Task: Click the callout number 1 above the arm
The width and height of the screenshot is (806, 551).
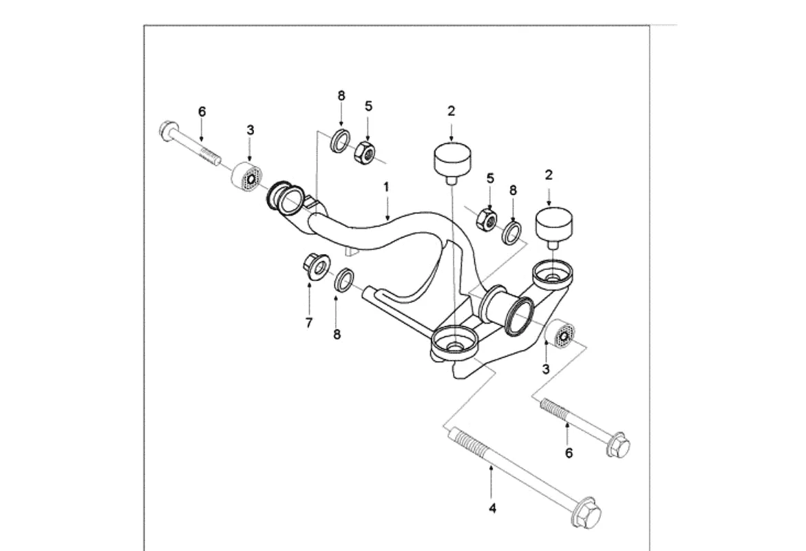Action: [386, 187]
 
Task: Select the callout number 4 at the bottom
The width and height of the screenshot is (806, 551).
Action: [492, 508]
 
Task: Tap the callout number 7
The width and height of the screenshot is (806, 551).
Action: [309, 322]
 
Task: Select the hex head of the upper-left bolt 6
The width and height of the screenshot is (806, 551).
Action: [167, 129]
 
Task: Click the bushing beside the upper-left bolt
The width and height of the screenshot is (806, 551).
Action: [246, 177]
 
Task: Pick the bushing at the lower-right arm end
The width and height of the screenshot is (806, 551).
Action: [562, 334]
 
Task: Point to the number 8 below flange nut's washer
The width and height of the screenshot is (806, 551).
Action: [337, 335]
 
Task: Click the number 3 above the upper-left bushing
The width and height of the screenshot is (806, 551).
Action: [250, 129]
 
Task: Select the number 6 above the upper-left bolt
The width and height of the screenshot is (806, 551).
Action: [202, 112]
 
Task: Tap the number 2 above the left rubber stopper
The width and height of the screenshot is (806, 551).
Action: [451, 110]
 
